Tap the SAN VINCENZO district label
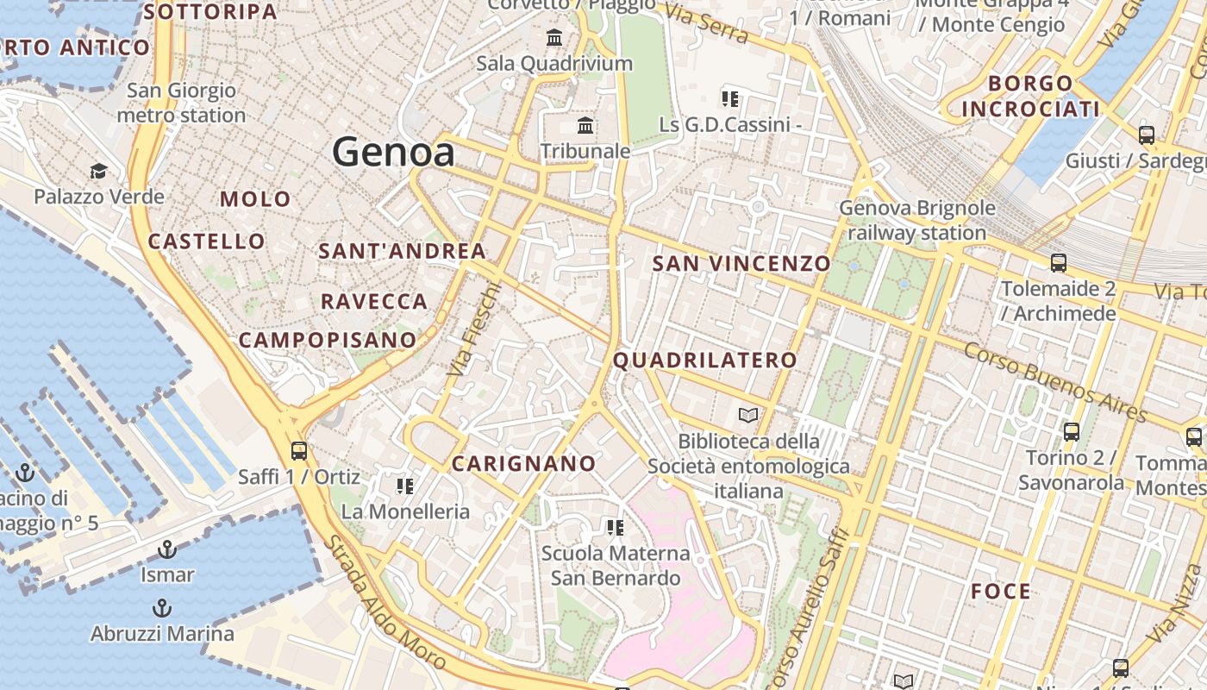click(x=741, y=263)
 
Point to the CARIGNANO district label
click(x=524, y=463)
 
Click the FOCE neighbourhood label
click(x=1001, y=591)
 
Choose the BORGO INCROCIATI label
click(x=1030, y=96)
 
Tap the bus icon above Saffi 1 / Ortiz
click(x=299, y=450)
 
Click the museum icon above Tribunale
click(x=586, y=126)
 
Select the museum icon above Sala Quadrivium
click(x=554, y=38)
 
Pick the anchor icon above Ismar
click(x=167, y=549)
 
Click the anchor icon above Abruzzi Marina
click(x=161, y=608)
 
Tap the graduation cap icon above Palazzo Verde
click(x=98, y=171)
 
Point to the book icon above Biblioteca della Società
click(x=748, y=416)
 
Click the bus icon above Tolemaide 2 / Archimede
click(x=1058, y=263)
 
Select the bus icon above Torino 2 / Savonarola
click(x=1072, y=432)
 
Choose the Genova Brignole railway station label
click(x=917, y=220)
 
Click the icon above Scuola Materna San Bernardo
click(x=615, y=527)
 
